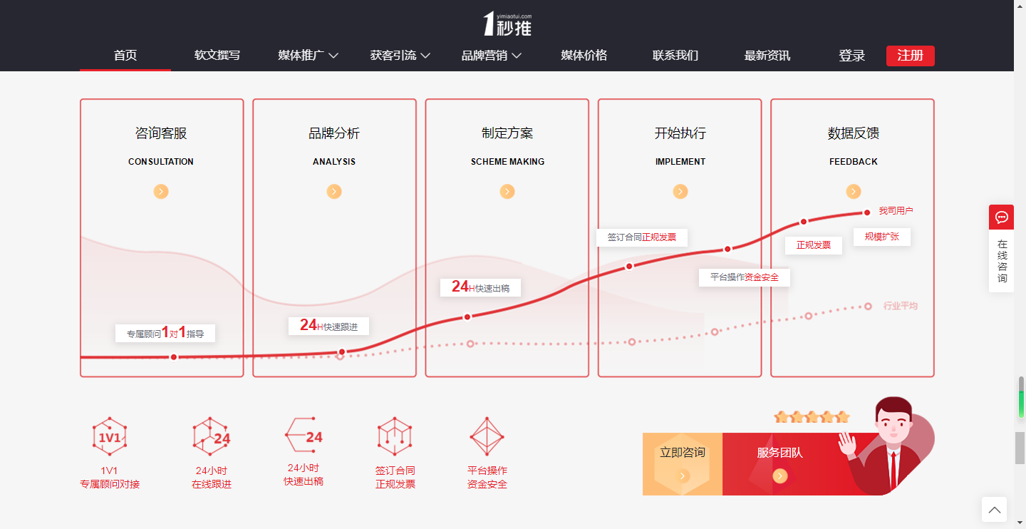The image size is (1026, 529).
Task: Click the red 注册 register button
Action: pyautogui.click(x=910, y=56)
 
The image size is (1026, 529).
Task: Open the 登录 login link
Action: pyautogui.click(x=851, y=56)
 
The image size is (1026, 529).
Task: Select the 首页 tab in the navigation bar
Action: pyautogui.click(x=125, y=56)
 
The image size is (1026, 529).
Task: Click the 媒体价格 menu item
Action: pyautogui.click(x=584, y=56)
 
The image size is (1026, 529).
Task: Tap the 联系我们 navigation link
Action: pyautogui.click(x=675, y=56)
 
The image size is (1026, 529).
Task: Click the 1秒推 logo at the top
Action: pyautogui.click(x=507, y=24)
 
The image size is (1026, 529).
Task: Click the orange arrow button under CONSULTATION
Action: pyautogui.click(x=161, y=191)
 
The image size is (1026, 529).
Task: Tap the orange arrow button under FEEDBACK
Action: pyautogui.click(x=854, y=191)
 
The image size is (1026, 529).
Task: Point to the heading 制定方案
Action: pyautogui.click(x=507, y=133)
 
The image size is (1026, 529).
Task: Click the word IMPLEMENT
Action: pyautogui.click(x=680, y=161)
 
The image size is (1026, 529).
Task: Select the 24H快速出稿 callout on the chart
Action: pyautogui.click(x=480, y=287)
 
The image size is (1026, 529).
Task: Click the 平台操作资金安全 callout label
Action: pyautogui.click(x=745, y=277)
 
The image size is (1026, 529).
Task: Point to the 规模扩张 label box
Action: pyautogui.click(x=882, y=237)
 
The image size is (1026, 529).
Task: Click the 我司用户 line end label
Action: pyautogui.click(x=896, y=210)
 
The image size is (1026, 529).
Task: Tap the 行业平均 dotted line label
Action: pyautogui.click(x=900, y=306)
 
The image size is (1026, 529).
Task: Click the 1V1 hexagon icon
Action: pyautogui.click(x=110, y=436)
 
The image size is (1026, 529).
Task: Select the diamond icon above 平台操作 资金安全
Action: pyautogui.click(x=487, y=436)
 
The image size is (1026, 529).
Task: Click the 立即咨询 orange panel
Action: pyautogui.click(x=683, y=464)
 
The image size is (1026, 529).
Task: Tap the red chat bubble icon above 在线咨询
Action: pyautogui.click(x=1001, y=217)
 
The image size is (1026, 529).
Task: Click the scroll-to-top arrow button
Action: pyautogui.click(x=995, y=509)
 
